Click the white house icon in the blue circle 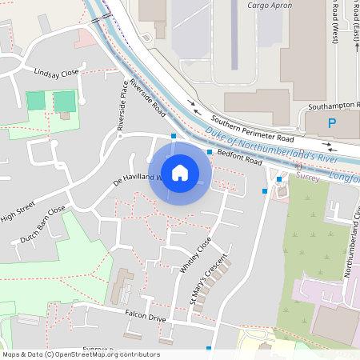(x=180, y=172)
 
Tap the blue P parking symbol (x=332, y=124)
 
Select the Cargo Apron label (x=270, y=5)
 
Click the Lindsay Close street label (x=56, y=73)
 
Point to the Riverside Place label (x=122, y=107)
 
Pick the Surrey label (x=307, y=177)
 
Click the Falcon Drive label (x=144, y=318)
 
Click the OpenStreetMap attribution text (x=81, y=354)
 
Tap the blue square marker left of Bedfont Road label (x=210, y=152)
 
